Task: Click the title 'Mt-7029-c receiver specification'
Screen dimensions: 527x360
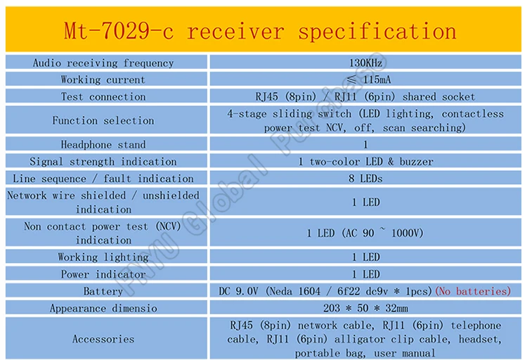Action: point(261,32)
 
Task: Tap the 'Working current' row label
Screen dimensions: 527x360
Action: point(103,80)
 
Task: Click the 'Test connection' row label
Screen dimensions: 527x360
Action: point(103,97)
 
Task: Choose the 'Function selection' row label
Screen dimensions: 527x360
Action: point(103,121)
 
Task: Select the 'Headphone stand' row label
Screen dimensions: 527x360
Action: point(103,145)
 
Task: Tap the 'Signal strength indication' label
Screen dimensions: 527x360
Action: point(103,162)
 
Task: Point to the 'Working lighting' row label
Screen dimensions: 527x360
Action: point(103,257)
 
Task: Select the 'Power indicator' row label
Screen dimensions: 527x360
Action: point(103,274)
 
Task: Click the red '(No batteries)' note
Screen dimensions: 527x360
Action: point(472,291)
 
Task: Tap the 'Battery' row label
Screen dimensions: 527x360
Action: point(103,291)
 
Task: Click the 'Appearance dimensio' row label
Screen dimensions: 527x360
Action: point(103,308)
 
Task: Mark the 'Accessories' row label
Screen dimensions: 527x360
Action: point(103,339)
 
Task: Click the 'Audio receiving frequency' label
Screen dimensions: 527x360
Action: point(103,63)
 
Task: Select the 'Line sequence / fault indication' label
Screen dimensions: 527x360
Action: point(103,179)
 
